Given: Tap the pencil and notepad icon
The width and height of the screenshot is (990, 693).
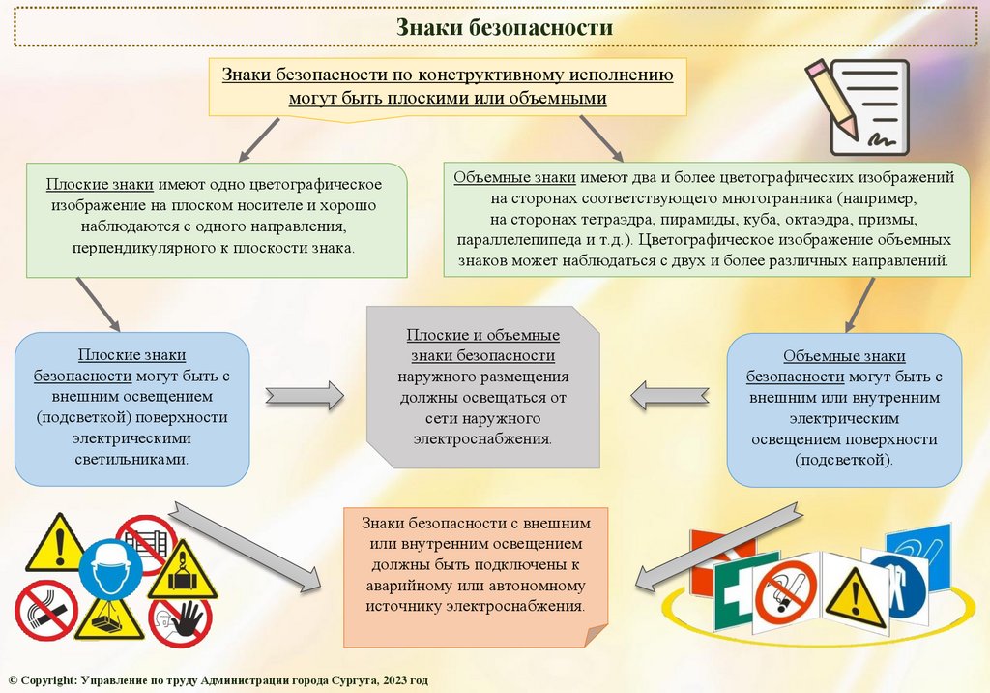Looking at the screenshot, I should tap(859, 105).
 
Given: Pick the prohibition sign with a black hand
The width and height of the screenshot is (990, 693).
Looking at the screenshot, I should tap(184, 619).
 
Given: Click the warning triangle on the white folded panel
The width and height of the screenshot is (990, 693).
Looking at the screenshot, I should tap(852, 590).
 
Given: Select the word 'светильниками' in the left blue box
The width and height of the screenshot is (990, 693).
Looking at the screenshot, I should tap(131, 460).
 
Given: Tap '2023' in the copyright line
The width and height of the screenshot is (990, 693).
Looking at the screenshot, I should tap(393, 681).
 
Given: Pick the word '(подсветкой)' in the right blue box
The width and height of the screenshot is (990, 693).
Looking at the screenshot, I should tap(844, 461).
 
